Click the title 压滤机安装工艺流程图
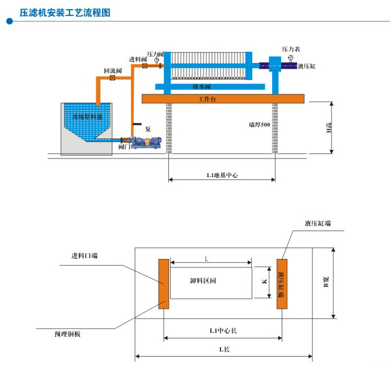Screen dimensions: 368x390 (x=65, y=12)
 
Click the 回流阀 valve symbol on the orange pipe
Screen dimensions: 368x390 (x=112, y=78)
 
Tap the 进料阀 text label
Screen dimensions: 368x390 (x=138, y=60)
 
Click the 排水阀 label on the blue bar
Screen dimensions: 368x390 (x=202, y=87)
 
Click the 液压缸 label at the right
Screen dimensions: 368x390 (x=307, y=66)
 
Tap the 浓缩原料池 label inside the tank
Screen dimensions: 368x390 (x=87, y=116)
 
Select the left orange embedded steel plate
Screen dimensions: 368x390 (x=163, y=283)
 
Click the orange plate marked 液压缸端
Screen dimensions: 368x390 (x=282, y=283)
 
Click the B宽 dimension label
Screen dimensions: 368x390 (x=327, y=282)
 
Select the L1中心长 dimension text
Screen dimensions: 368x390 (x=223, y=330)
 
